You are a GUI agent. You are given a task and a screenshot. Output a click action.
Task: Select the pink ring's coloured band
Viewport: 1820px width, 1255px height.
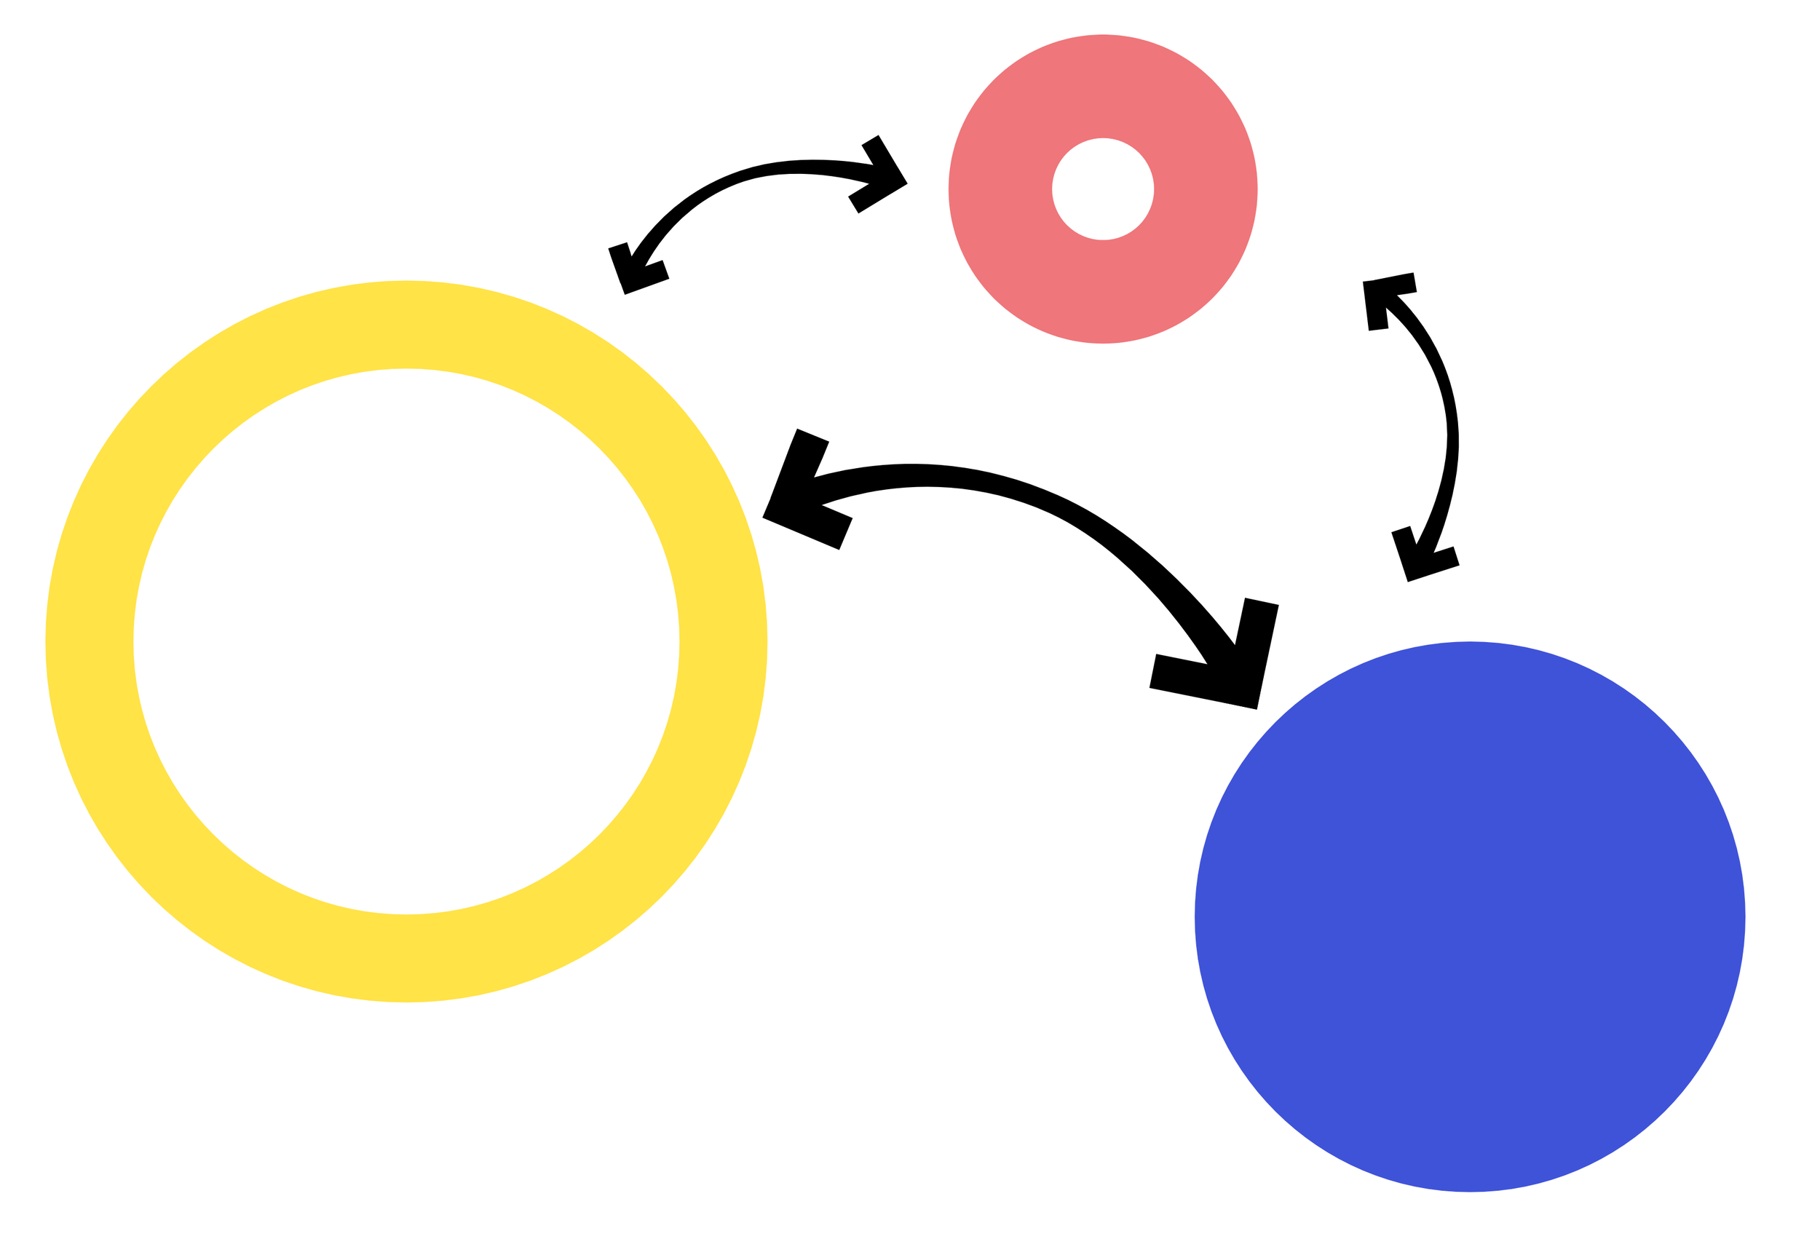click(998, 189)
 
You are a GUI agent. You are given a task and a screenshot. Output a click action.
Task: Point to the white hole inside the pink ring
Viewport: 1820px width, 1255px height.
click(1102, 189)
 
